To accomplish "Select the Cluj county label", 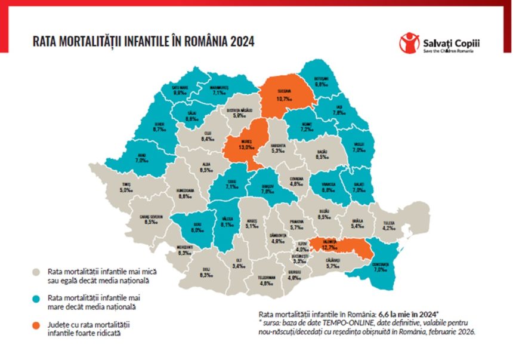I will (x=208, y=136).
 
